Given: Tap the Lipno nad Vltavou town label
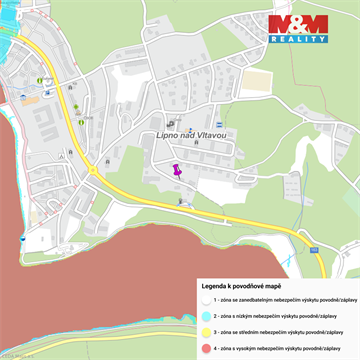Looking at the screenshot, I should coord(192,134).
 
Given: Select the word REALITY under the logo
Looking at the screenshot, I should coord(298,38).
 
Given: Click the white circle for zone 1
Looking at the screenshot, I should coord(204,299).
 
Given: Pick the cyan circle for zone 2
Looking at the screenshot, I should coord(204,315).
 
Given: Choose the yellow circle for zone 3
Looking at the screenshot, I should coord(204,331).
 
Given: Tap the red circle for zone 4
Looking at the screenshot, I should coord(204,347).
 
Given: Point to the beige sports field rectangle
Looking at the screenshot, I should coord(257,82).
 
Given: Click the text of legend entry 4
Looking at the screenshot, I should coord(283,347).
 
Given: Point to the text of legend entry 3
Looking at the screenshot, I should coord(283,331).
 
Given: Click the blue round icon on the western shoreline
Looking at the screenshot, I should coord(22,239).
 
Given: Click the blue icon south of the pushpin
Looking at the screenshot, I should coord(180,201).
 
